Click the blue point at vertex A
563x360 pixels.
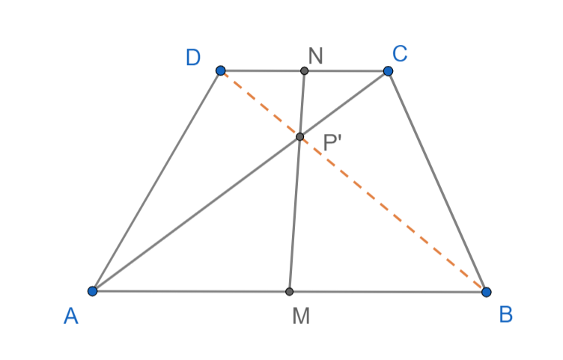92,290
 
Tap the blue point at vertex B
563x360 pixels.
486,291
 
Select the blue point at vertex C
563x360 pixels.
388,71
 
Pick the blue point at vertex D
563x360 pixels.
220,70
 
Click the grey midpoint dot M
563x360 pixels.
290,291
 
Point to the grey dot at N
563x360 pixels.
304,71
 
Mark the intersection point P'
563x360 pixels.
299,137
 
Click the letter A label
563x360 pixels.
71,317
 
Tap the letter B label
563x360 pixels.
505,315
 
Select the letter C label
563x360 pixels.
400,53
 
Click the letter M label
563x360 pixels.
301,317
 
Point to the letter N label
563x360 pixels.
314,54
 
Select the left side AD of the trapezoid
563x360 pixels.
156,181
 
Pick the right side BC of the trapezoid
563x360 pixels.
437,181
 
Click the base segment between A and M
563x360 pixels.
191,290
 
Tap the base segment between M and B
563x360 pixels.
388,291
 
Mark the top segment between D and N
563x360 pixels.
262,71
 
